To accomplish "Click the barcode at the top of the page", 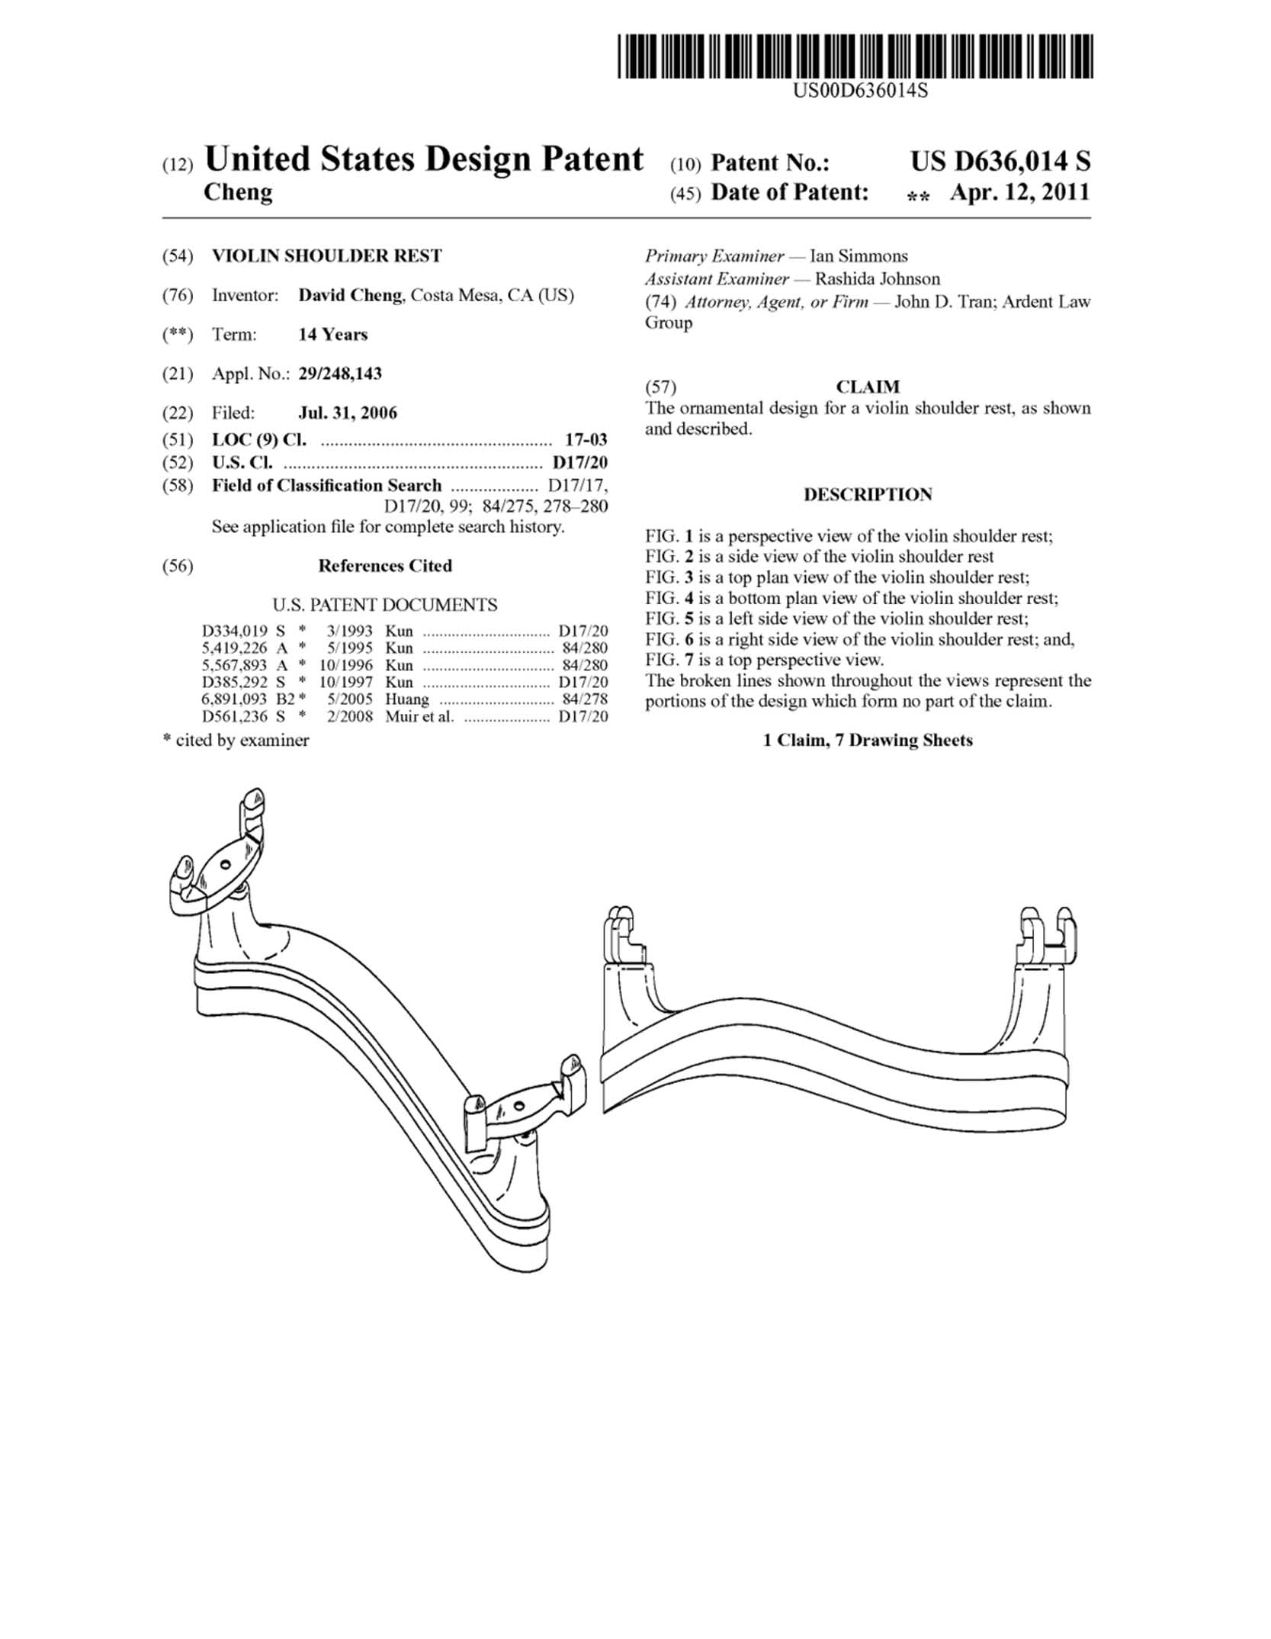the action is pos(855,56).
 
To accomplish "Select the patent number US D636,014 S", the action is pos(1000,161).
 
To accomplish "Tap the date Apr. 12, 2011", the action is pos(1020,192).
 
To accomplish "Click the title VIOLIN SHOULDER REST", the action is pos(326,255).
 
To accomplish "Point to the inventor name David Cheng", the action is pos(350,295).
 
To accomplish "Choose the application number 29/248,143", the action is pos(340,374).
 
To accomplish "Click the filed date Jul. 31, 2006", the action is pos(348,413).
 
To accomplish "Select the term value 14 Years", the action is pos(332,334).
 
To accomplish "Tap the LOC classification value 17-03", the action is pos(586,439).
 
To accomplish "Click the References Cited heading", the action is pos(385,566).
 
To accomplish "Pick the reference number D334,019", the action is pos(235,631).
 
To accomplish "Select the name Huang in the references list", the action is pos(407,699).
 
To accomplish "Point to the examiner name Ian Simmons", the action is pos(859,256).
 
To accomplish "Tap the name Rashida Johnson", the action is pos(878,279).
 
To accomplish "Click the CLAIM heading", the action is pos(868,387).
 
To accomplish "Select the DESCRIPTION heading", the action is pos(868,494).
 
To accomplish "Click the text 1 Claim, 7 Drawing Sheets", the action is pos(868,740).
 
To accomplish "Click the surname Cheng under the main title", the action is pos(238,192).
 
